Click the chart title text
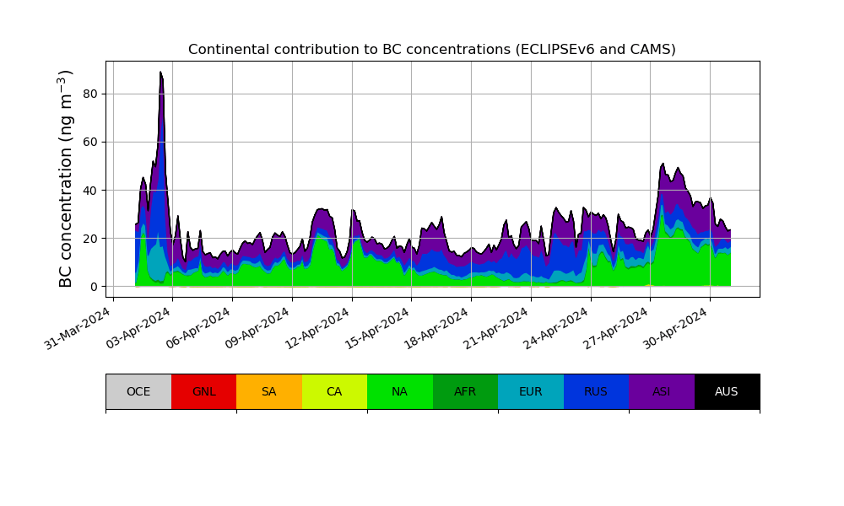[432, 50]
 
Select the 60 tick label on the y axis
[88, 142]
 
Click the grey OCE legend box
[138, 391]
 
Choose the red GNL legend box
[203, 391]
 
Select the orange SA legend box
[269, 391]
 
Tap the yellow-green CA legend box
[334, 391]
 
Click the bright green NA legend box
[400, 391]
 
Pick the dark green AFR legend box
[465, 391]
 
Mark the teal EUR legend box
[531, 391]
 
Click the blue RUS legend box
[596, 391]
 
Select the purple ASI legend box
[662, 391]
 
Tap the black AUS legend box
[727, 391]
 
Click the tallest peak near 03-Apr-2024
[160, 73]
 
